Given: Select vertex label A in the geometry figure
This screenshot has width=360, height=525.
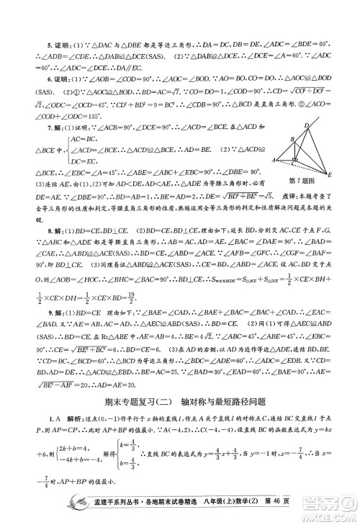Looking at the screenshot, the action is point(274,160).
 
